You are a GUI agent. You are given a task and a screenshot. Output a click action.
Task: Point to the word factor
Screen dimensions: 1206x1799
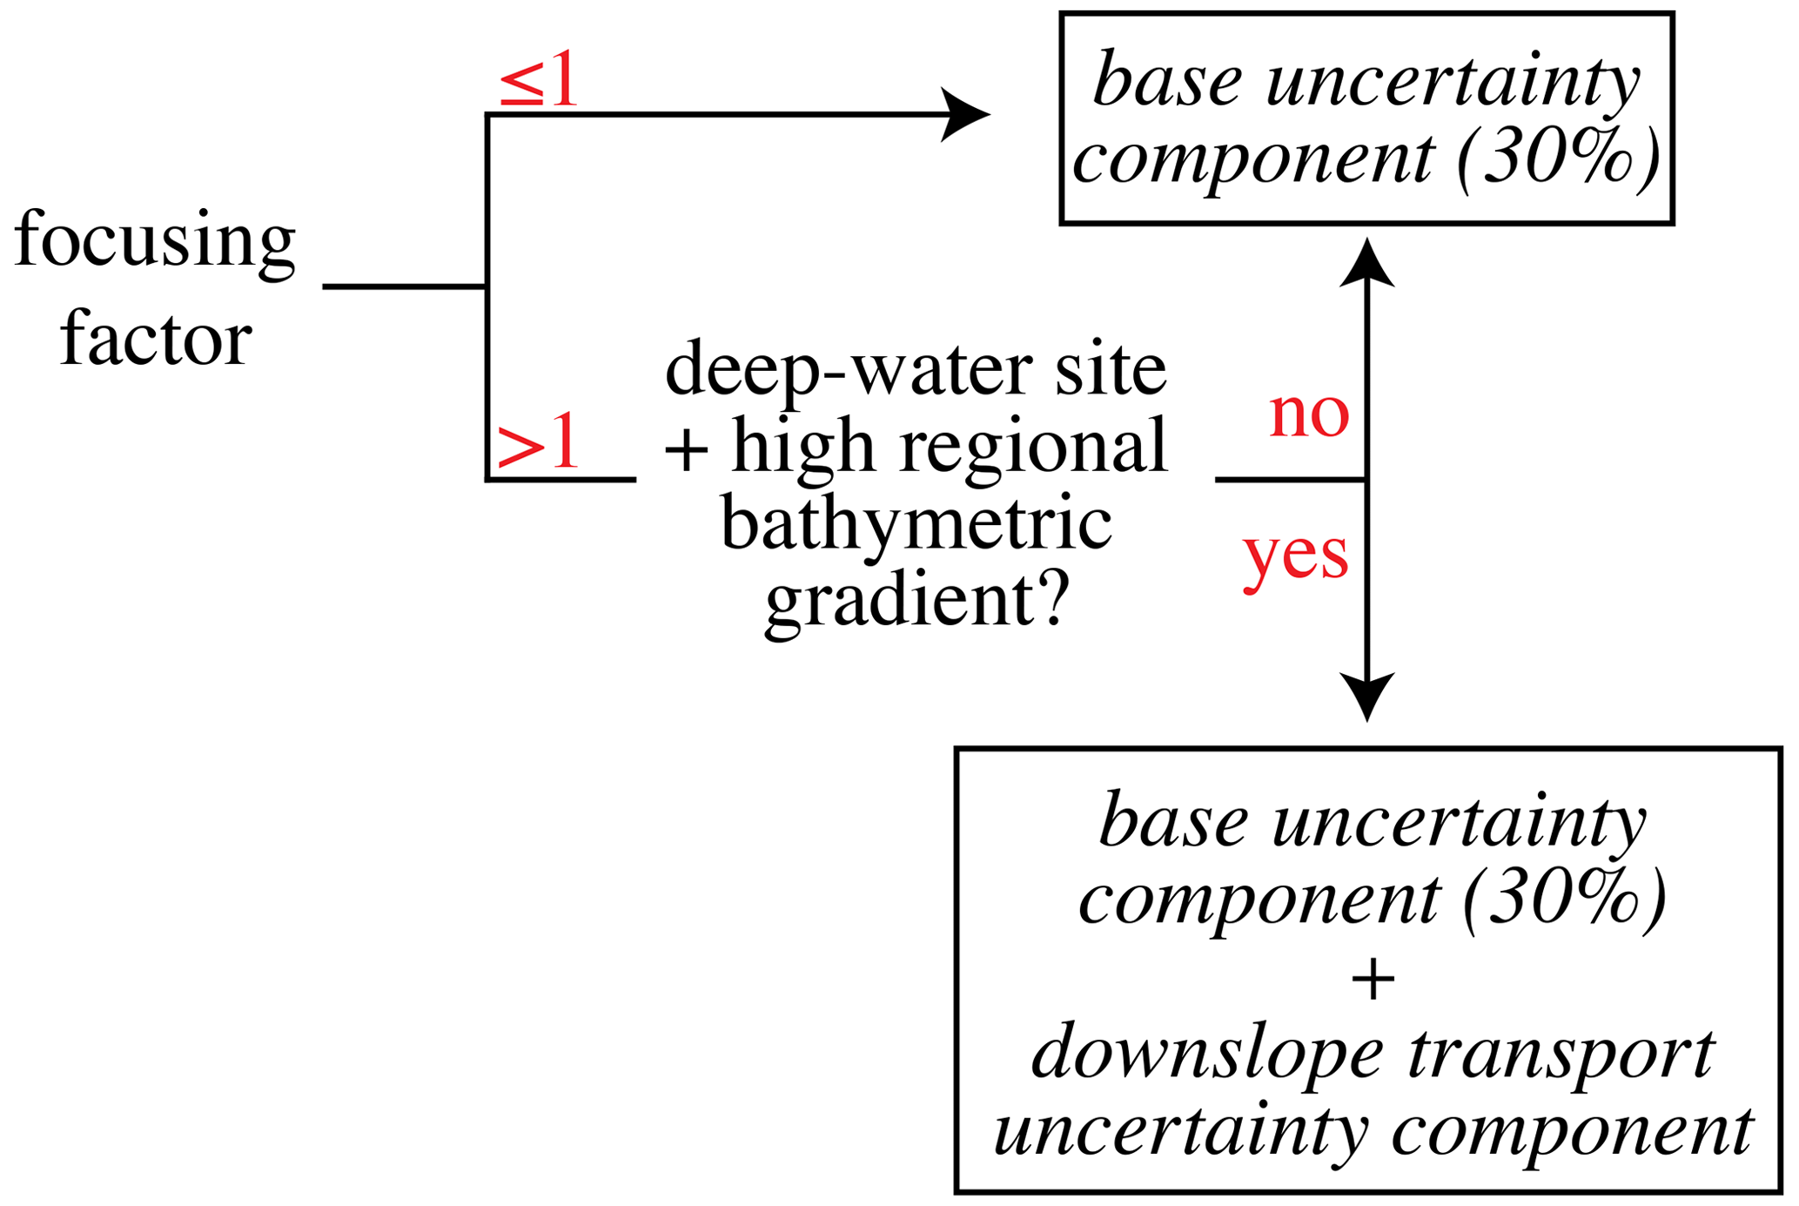point(156,339)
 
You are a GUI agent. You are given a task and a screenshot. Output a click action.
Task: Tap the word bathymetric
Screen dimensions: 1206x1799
point(916,525)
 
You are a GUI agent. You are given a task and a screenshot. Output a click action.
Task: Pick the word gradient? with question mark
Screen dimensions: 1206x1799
point(916,601)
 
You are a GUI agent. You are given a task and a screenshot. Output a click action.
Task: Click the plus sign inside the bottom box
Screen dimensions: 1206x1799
point(1373,979)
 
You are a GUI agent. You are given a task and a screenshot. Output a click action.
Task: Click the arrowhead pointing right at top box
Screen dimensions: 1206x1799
point(966,114)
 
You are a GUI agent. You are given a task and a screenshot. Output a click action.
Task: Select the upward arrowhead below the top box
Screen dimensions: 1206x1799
point(1366,263)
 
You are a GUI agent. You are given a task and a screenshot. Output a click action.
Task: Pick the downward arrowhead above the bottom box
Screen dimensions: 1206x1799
point(1366,696)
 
